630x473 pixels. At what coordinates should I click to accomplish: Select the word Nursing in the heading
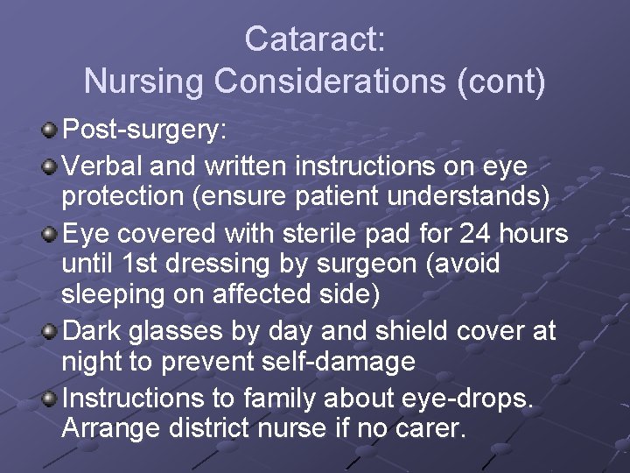point(143,82)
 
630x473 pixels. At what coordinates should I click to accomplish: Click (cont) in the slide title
point(501,82)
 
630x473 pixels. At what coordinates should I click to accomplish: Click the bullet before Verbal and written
point(50,166)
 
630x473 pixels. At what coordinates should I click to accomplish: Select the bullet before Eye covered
point(50,234)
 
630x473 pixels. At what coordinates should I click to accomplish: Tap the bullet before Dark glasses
point(50,332)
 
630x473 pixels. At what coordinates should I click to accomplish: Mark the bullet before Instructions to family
point(50,399)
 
